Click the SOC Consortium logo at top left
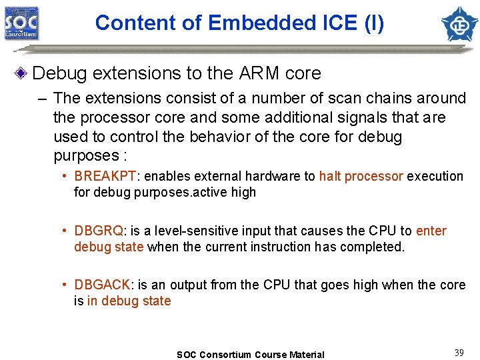pos(22,23)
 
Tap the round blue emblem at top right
pos(459,23)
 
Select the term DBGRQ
pos(99,231)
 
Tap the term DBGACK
pos(103,285)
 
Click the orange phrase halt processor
pos(361,177)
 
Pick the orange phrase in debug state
pos(129,301)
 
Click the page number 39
pos(459,353)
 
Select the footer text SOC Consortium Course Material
pos(250,355)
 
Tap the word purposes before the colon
pos(83,155)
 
